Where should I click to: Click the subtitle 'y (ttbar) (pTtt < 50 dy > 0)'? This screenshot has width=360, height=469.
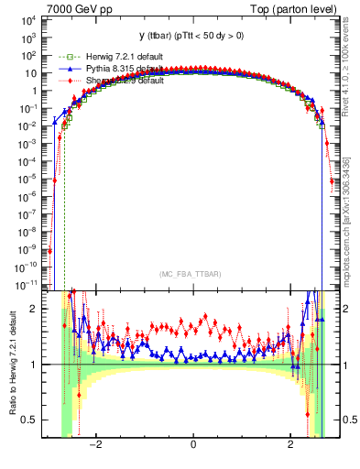tap(192, 38)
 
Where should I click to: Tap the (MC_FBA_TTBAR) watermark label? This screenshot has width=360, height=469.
tap(192, 275)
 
